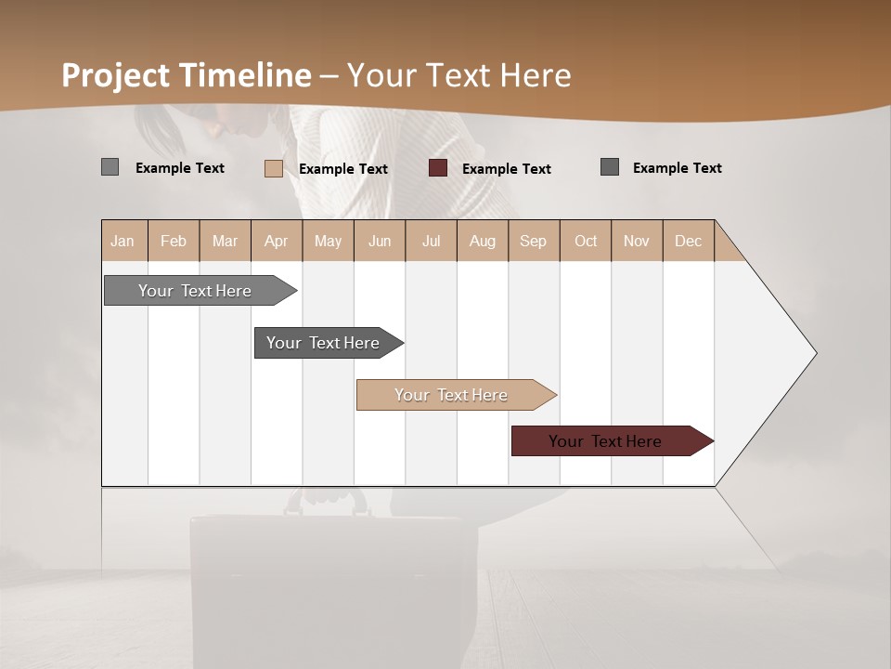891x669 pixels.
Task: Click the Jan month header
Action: pos(123,241)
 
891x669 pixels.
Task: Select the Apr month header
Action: pos(276,241)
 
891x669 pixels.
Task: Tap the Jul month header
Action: pos(431,241)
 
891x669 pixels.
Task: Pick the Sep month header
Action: pos(533,241)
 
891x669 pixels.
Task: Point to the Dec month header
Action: pos(688,241)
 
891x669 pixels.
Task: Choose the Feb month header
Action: pos(174,241)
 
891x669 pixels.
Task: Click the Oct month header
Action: pos(586,241)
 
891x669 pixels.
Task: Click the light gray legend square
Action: pos(110,167)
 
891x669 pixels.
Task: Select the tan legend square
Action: pos(274,168)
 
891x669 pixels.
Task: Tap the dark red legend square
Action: pos(438,168)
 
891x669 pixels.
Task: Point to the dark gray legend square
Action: pos(610,167)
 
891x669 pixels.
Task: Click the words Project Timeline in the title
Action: pos(186,75)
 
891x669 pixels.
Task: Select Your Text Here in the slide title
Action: pos(458,75)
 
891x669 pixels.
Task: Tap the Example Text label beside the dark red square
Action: pos(506,169)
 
